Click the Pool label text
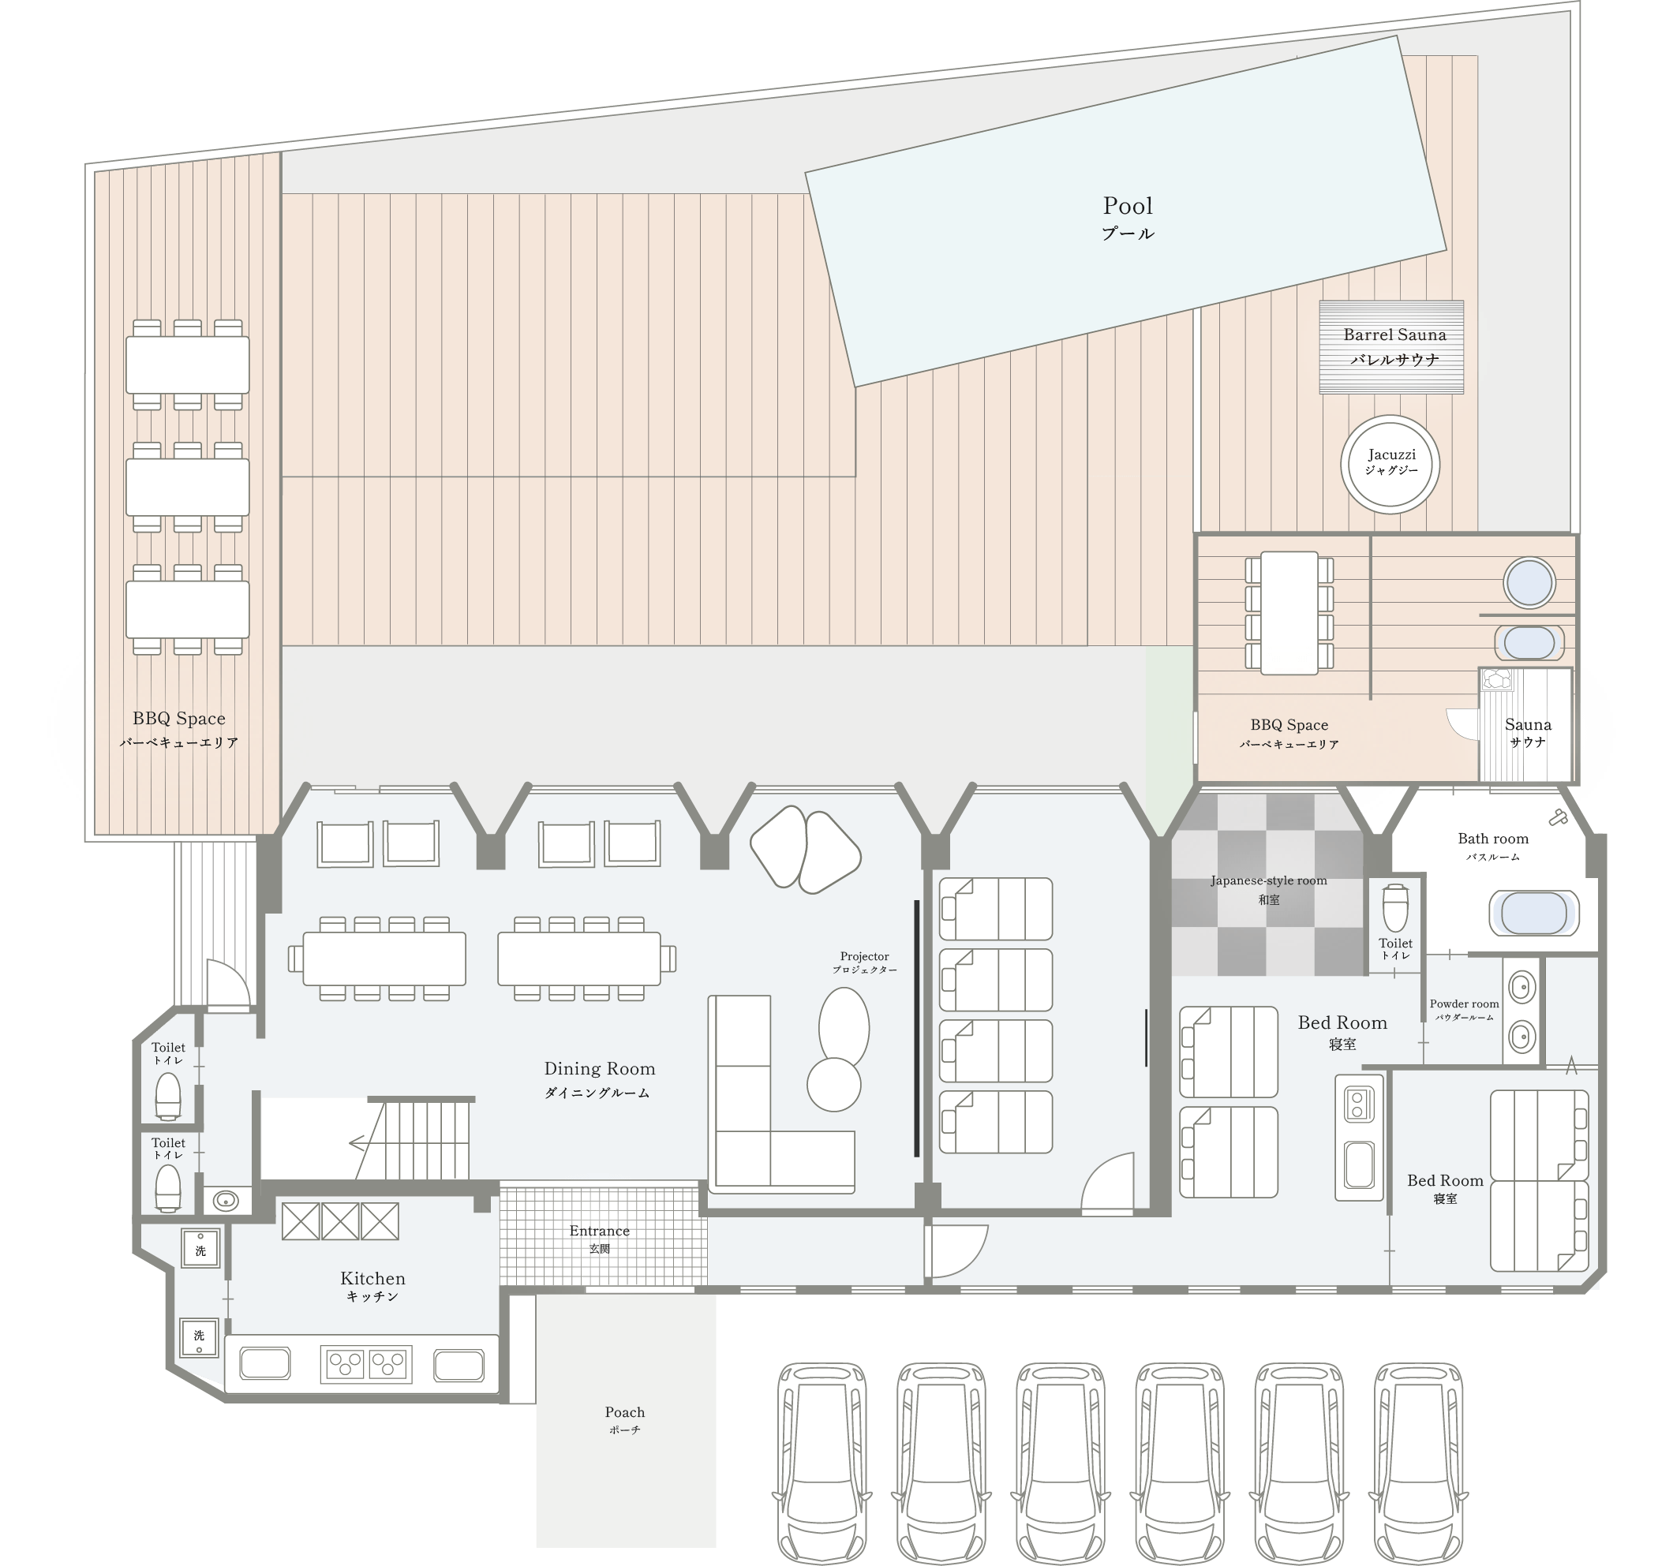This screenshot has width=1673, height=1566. [1128, 217]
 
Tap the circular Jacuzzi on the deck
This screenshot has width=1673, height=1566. [1390, 465]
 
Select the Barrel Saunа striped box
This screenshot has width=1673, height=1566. [1391, 346]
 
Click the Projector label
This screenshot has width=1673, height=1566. [864, 962]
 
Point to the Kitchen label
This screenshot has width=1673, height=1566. [372, 1286]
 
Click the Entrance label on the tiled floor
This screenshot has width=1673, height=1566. [599, 1239]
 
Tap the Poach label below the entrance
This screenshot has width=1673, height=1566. [624, 1419]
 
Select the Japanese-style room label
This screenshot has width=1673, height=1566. [1268, 888]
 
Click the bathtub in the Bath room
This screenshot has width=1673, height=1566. [1533, 913]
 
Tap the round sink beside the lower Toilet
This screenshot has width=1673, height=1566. [225, 1200]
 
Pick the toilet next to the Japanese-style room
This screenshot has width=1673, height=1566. [1394, 906]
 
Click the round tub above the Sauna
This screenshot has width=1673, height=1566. [1529, 582]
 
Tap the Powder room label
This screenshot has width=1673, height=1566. [1465, 1010]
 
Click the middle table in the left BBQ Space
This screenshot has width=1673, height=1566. [188, 488]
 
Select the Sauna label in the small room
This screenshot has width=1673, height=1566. [1528, 732]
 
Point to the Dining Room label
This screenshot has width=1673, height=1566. [599, 1079]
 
